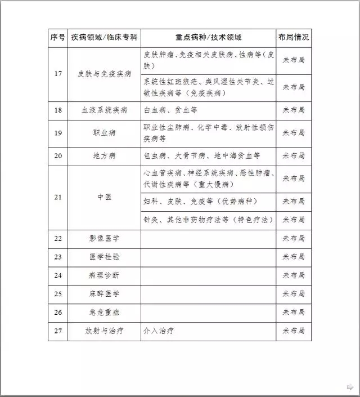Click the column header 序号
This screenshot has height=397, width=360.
point(57,38)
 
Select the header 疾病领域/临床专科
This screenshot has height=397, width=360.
point(104,38)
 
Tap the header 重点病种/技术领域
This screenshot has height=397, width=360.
point(208,38)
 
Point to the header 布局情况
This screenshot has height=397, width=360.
point(293,38)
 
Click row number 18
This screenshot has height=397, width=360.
point(57,110)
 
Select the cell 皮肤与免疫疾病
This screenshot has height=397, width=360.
point(104,74)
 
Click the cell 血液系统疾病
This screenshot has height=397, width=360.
point(104,110)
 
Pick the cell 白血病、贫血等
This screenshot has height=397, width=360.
point(170,110)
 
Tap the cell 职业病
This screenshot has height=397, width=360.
point(104,133)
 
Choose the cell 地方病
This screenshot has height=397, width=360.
point(104,156)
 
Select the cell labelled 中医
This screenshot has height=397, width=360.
point(104,197)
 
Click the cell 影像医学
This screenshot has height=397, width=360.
point(104,238)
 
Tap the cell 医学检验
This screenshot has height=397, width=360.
point(104,257)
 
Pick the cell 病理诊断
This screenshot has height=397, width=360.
point(104,275)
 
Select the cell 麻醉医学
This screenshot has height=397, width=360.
point(104,294)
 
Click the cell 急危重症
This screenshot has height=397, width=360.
point(104,312)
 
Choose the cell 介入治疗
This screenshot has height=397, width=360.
point(159,331)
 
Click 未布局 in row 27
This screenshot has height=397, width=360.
point(293,331)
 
